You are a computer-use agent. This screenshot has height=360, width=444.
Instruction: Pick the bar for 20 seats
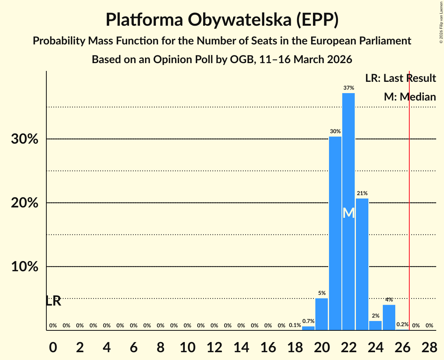(x=322, y=314)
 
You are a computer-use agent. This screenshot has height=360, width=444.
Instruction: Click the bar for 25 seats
(x=389, y=317)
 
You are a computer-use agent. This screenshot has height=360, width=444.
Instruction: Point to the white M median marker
(x=348, y=213)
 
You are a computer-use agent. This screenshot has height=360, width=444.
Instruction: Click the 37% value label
(x=348, y=88)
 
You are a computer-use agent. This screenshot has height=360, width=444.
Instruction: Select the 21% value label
(x=362, y=193)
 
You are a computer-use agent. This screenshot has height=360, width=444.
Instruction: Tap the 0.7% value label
(x=308, y=321)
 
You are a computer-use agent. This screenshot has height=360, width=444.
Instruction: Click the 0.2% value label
(x=402, y=324)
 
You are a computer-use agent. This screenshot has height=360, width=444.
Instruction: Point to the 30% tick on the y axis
(x=25, y=139)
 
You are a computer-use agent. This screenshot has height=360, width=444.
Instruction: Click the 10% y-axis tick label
(x=25, y=267)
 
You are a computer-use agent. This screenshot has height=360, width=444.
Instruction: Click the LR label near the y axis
(x=53, y=301)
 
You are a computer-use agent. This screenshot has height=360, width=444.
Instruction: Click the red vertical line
(x=409, y=195)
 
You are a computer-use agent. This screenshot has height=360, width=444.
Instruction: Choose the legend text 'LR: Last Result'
(x=400, y=78)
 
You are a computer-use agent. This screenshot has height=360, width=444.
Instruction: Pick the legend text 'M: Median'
(x=409, y=97)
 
